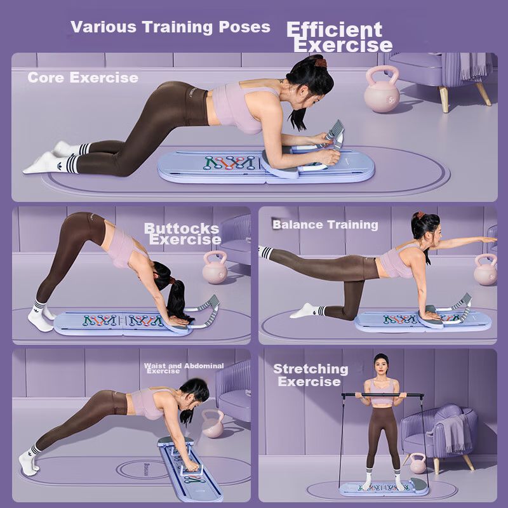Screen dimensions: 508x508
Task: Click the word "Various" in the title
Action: click(104, 27)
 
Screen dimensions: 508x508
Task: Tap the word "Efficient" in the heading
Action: click(335, 30)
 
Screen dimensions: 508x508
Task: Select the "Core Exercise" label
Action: click(83, 77)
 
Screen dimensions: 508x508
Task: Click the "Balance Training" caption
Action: click(325, 225)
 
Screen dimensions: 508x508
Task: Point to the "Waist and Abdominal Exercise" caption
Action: click(184, 368)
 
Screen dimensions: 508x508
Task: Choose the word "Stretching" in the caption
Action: click(311, 370)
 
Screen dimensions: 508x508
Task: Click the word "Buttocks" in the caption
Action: click(182, 229)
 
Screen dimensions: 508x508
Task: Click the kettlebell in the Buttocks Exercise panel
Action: click(215, 267)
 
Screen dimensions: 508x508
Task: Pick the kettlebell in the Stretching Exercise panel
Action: click(417, 464)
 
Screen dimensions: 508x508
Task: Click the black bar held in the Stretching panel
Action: click(382, 395)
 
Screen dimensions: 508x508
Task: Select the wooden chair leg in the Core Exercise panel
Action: click(444, 99)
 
